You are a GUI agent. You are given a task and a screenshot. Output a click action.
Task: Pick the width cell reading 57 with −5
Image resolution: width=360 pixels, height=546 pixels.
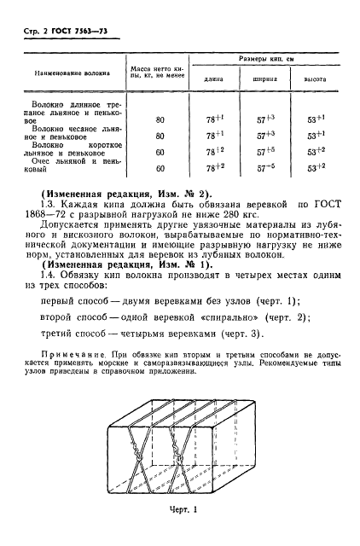[266, 169]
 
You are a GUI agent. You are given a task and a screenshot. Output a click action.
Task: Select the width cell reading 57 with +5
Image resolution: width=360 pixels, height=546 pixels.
[266, 152]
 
